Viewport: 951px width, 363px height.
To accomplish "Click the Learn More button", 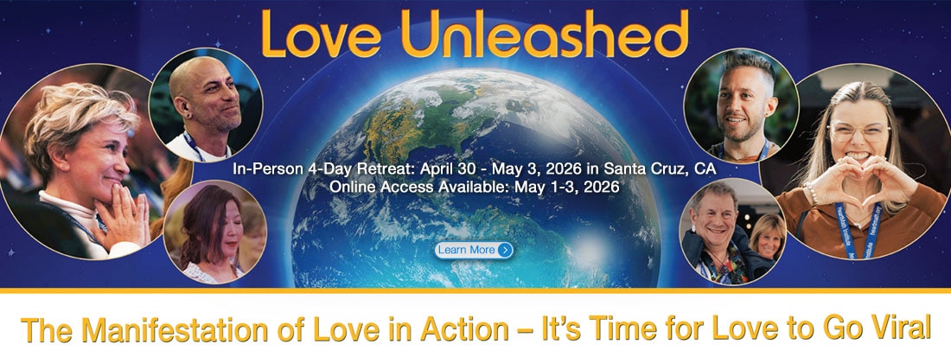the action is [475, 250].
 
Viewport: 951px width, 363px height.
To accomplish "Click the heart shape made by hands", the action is [860, 181].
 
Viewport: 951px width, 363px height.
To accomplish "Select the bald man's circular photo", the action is [206, 105].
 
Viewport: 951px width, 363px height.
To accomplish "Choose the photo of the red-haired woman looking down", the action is [214, 232].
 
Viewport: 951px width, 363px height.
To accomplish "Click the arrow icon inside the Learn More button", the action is [505, 250].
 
